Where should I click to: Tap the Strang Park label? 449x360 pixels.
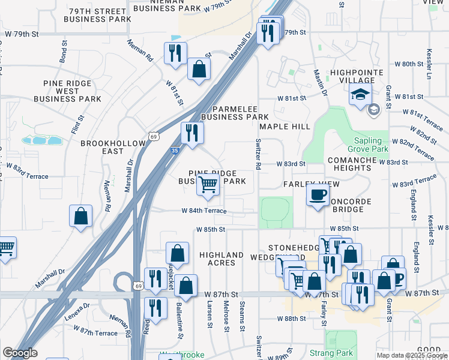(325, 353)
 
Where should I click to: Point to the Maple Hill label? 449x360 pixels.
(285, 127)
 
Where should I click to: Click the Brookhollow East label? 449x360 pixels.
(113, 148)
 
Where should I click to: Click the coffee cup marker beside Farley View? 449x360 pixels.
(318, 194)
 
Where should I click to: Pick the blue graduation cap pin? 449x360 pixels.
(361, 95)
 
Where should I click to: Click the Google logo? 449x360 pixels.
(20, 353)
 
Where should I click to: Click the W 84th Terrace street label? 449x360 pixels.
(205, 211)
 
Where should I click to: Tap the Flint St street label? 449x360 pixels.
(75, 125)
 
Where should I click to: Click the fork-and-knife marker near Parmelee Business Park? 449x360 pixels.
(191, 133)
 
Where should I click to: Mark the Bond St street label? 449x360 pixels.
(62, 52)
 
